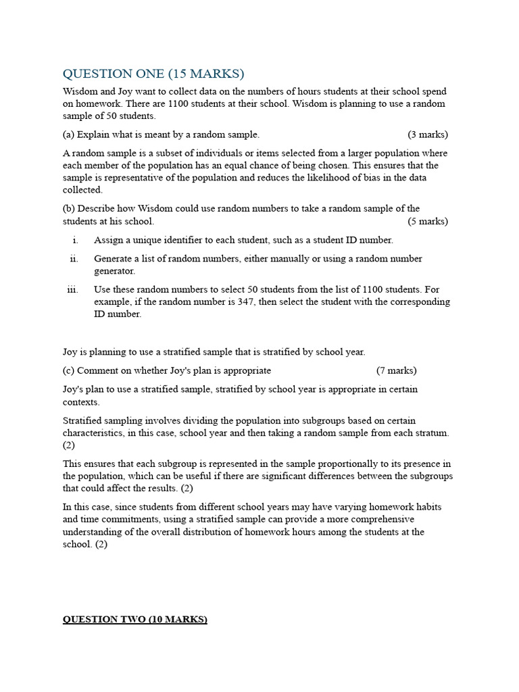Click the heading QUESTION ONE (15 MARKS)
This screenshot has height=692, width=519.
(x=153, y=74)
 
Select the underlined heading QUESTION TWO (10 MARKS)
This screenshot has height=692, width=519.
(x=135, y=619)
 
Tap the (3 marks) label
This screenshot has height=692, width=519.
(x=428, y=134)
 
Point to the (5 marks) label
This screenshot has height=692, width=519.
(x=428, y=221)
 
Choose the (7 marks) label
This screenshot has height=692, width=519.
(x=397, y=370)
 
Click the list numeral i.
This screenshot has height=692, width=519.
(x=76, y=240)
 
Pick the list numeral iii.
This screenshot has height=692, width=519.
(x=73, y=289)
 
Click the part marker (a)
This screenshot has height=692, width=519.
(x=69, y=134)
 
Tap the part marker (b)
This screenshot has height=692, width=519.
(x=69, y=208)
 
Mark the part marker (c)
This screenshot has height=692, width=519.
(x=69, y=370)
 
